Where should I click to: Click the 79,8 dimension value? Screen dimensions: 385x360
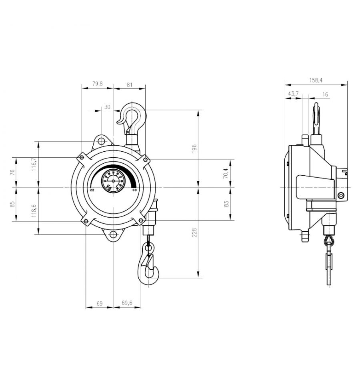[97, 84]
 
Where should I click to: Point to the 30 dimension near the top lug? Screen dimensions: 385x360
[107, 107]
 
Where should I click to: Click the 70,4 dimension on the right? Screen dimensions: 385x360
[226, 173]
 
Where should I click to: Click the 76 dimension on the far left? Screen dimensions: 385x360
[12, 172]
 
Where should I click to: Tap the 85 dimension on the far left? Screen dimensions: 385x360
[12, 204]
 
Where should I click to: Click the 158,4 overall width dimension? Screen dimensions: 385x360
[316, 80]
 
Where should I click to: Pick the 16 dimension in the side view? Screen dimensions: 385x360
[325, 94]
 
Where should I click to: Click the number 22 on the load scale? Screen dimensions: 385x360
[92, 190]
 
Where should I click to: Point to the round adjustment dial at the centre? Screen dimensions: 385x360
[113, 180]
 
